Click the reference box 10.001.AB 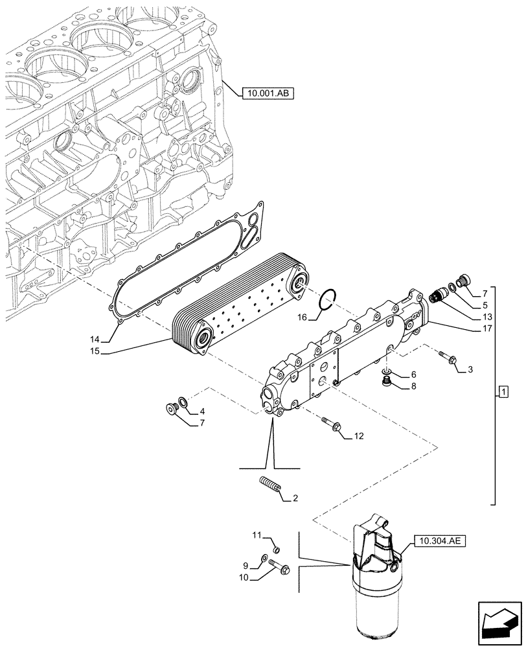pyautogui.click(x=268, y=94)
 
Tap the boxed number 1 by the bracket pyautogui.click(x=503, y=393)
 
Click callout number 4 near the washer pyautogui.click(x=202, y=411)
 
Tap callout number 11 pyautogui.click(x=257, y=535)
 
